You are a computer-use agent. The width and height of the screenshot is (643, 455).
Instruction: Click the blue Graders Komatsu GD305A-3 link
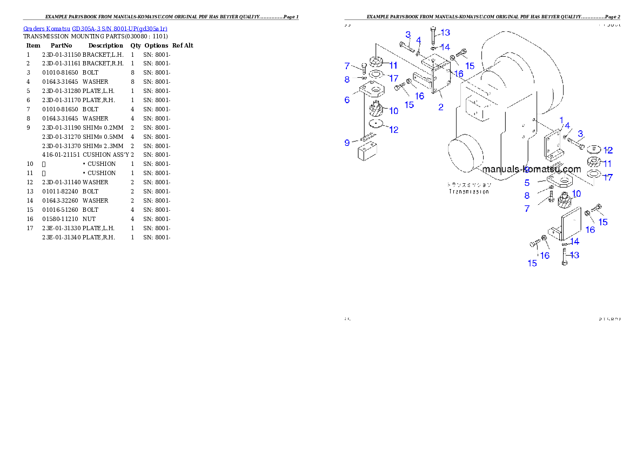pyautogui.click(x=95, y=29)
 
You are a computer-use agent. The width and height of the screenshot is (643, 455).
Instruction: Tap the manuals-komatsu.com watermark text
pyautogui.click(x=532, y=169)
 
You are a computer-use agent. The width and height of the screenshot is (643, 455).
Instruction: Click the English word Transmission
pyautogui.click(x=469, y=191)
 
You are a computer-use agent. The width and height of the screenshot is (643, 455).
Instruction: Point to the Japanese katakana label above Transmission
pyautogui.click(x=469, y=184)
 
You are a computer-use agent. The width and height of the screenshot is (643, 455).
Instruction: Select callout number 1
pyautogui.click(x=561, y=120)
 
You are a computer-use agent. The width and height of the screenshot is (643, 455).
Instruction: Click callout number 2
pyautogui.click(x=441, y=107)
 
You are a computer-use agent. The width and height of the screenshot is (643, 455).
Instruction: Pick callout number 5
pyautogui.click(x=527, y=183)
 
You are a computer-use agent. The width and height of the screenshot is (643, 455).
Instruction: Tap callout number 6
pyautogui.click(x=347, y=99)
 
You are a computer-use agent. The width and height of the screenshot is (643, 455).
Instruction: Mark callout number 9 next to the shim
pyautogui.click(x=347, y=143)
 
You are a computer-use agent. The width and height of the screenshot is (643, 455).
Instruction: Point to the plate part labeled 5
pyautogui.click(x=560, y=179)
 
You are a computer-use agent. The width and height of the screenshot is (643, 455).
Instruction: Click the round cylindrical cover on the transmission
pyautogui.click(x=466, y=155)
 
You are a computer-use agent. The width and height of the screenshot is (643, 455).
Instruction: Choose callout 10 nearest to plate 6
pyautogui.click(x=393, y=111)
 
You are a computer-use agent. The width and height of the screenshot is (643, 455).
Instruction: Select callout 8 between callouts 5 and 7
pyautogui.click(x=527, y=196)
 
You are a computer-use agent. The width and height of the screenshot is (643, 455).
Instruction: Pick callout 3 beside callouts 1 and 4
pyautogui.click(x=580, y=133)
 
